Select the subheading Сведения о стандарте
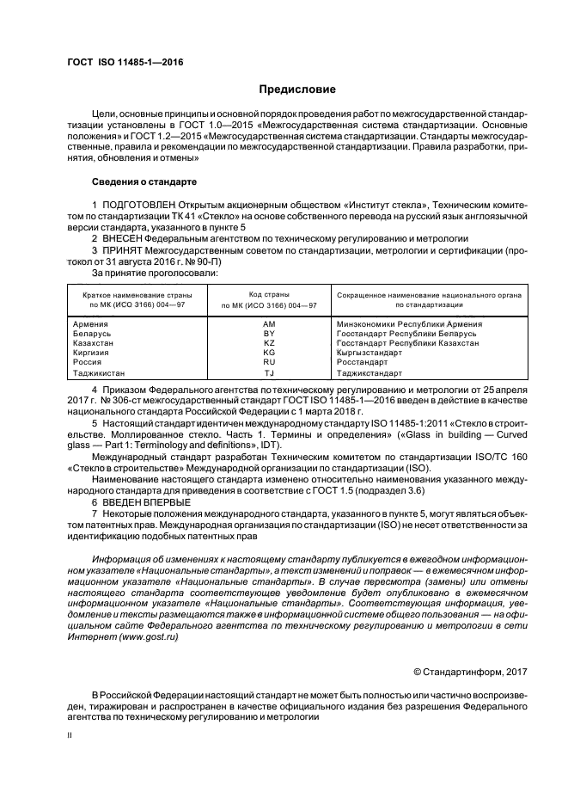click(x=145, y=182)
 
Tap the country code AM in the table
click(x=268, y=323)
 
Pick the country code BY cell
click(x=268, y=333)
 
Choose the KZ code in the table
click(x=268, y=342)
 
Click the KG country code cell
click(x=268, y=353)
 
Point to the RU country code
click(x=268, y=362)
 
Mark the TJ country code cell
click(x=268, y=374)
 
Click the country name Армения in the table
click(x=91, y=323)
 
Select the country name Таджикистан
click(x=100, y=374)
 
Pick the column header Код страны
click(x=269, y=294)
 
